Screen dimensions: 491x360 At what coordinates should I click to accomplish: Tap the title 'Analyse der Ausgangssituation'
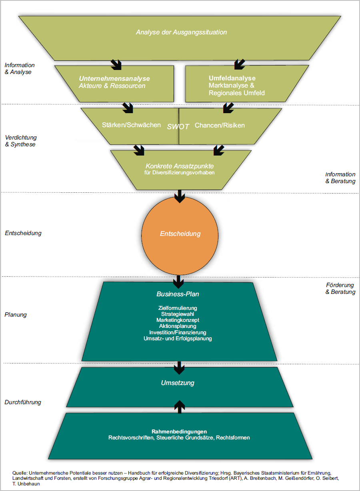click(181, 32)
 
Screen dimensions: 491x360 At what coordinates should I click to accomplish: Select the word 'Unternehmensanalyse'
click(114, 79)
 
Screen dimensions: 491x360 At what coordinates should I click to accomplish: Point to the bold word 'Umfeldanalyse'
click(232, 78)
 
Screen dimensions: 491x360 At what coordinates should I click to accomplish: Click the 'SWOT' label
click(178, 126)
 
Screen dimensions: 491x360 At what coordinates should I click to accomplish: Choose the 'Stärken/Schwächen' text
click(131, 125)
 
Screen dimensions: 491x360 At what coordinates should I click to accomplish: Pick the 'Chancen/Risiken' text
click(220, 125)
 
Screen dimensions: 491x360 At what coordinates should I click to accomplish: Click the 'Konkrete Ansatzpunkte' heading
click(179, 166)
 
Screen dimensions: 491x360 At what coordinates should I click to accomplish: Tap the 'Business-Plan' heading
click(178, 294)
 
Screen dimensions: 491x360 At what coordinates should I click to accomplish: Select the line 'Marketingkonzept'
click(178, 320)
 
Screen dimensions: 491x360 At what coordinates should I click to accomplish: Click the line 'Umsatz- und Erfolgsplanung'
click(178, 339)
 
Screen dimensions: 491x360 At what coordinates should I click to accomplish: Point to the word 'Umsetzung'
click(178, 383)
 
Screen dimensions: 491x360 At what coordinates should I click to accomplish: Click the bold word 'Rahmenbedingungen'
click(179, 431)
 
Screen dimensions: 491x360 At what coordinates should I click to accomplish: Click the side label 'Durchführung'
click(22, 402)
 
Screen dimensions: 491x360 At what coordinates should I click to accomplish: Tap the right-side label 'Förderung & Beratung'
click(340, 289)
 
